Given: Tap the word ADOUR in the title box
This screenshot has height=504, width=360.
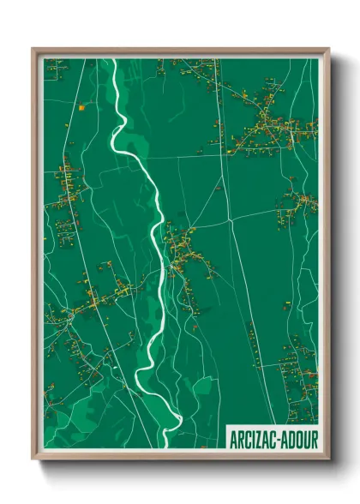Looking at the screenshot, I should pos(298,438).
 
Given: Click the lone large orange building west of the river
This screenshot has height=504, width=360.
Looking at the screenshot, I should pos(81,108).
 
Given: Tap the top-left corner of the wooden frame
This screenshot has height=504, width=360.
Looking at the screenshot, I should pos(33,50).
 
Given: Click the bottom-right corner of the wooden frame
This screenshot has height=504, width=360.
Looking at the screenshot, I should pos(328,460).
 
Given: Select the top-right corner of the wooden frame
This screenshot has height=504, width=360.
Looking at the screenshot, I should pos(328,50).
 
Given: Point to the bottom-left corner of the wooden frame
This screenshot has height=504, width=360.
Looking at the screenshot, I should pos(33,460).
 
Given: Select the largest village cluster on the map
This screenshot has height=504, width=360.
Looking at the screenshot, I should pos(274,124).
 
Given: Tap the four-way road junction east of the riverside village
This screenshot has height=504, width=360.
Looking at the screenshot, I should pos(230,221).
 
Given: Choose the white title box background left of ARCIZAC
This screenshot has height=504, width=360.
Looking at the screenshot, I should pos(227,438).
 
